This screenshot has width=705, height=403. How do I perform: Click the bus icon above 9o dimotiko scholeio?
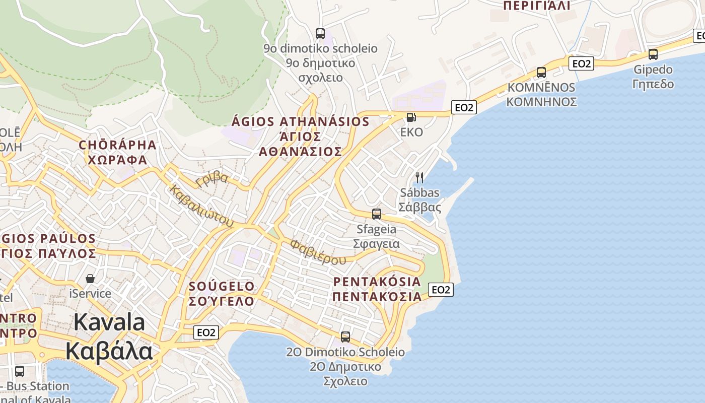[320, 34]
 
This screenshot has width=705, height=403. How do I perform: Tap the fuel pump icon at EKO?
[411, 117]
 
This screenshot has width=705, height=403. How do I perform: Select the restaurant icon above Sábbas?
[419, 177]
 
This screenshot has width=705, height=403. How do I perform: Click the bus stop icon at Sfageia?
[376, 214]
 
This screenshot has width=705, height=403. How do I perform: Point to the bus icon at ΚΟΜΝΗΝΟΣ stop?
[541, 73]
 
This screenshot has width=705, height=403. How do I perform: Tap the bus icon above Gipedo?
[653, 54]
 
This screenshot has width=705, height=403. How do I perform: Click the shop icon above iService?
[90, 279]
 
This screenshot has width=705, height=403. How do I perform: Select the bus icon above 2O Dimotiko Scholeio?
[345, 337]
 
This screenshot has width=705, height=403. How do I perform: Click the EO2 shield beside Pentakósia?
[441, 290]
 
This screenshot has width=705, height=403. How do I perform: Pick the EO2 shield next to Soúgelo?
[206, 332]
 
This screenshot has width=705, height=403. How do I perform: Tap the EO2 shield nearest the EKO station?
[464, 107]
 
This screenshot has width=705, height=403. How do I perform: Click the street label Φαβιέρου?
[318, 252]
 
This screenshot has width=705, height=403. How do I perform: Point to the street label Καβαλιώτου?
[202, 206]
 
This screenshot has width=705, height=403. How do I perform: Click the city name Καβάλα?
[109, 351]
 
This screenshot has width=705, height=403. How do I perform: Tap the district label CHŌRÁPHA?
[117, 145]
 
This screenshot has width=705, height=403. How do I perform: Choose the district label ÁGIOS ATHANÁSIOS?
[301, 122]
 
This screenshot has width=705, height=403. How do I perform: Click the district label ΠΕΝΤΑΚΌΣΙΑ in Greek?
[377, 296]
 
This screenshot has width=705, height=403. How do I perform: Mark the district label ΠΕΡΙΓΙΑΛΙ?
[537, 6]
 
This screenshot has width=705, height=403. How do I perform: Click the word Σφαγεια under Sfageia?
[376, 244]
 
